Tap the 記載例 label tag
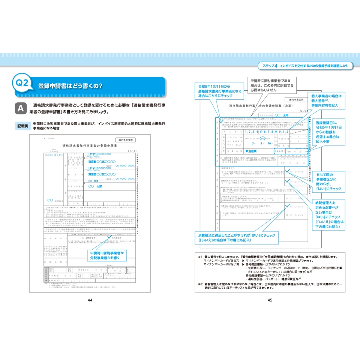pyautogui.click(x=23, y=126)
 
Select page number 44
pyautogui.click(x=90, y=300)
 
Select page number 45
pyautogui.click(x=270, y=300)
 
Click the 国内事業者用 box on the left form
pyautogui.click(x=126, y=139)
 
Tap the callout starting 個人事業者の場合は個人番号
pyautogui.click(x=325, y=101)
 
